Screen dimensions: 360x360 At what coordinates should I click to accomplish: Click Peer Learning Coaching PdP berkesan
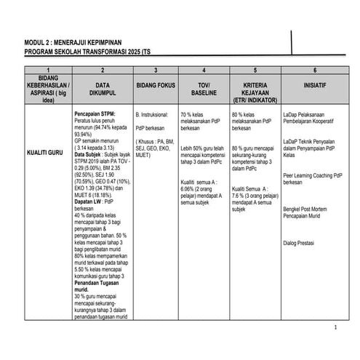pos(313,177)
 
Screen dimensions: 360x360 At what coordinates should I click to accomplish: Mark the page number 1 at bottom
pos(335,327)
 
